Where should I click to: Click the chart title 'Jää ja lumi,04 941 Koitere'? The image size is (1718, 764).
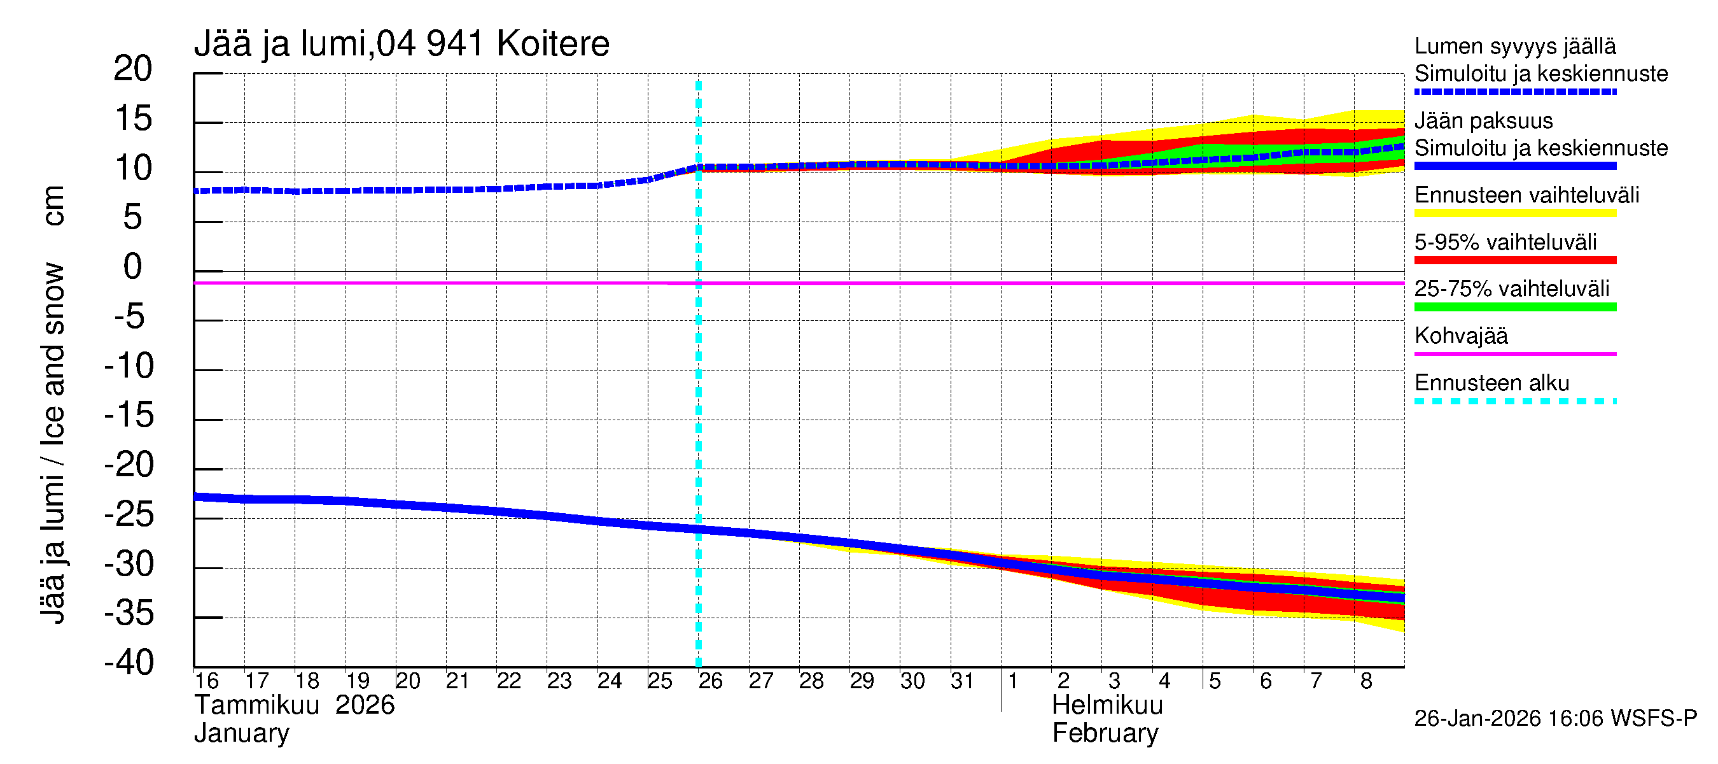click(402, 45)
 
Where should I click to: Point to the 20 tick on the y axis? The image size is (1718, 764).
click(133, 69)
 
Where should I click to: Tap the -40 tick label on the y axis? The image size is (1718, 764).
click(129, 663)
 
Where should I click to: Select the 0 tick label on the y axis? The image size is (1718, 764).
click(133, 267)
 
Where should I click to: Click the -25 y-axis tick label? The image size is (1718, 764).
click(129, 514)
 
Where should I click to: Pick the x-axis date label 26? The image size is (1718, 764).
click(710, 681)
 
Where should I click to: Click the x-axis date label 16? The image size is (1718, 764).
click(206, 681)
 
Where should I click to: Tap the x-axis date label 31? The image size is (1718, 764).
click(961, 681)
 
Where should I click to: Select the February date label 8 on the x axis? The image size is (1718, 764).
click(1366, 681)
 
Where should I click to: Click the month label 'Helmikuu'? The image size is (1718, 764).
click(1107, 705)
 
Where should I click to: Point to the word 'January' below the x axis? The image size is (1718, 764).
click(241, 733)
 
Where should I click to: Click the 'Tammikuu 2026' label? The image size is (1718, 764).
click(294, 705)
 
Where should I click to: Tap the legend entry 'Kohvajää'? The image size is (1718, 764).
click(1460, 336)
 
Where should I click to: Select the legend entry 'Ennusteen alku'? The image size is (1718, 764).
click(1492, 383)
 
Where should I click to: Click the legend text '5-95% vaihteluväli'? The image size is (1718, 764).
click(1505, 241)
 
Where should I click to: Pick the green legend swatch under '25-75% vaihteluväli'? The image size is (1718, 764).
click(1514, 307)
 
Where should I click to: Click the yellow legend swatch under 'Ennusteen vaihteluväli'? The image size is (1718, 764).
click(1514, 213)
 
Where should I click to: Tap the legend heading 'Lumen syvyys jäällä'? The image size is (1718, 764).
click(1514, 46)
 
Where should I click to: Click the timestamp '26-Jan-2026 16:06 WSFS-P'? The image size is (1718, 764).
click(1555, 719)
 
